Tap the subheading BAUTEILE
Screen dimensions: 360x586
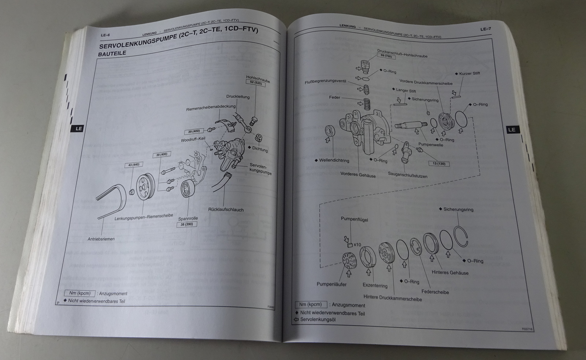(x=112, y=53)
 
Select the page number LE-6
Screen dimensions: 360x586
(x=105, y=35)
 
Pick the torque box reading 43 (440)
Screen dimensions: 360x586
(x=134, y=165)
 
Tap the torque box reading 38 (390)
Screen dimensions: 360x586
(x=187, y=224)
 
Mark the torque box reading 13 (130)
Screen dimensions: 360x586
(x=438, y=163)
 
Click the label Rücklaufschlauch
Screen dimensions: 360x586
(x=226, y=210)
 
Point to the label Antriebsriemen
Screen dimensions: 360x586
(x=101, y=239)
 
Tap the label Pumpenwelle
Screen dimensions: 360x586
(x=431, y=145)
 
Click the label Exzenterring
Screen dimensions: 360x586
(x=375, y=285)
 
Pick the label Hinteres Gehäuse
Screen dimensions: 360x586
(x=450, y=272)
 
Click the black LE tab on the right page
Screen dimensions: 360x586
(x=512, y=130)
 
